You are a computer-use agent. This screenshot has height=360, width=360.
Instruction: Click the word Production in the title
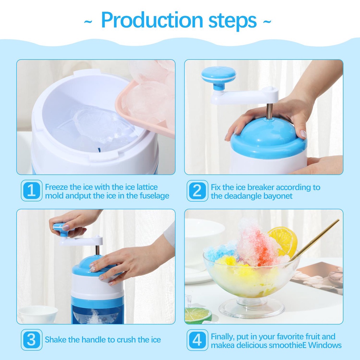pos(152,20)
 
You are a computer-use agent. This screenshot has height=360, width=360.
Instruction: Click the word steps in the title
pos(232,21)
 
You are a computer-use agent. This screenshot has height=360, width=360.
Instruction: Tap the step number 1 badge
pos(32,191)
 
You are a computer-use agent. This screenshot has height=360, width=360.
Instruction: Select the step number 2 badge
pos(198,191)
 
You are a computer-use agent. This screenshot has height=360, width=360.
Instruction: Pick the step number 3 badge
pos(32,340)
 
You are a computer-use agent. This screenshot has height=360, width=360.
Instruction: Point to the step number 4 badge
pos(198,340)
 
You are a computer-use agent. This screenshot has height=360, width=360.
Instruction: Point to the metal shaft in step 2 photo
pos(269,111)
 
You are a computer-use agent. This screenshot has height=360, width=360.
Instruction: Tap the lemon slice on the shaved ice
pos(283,241)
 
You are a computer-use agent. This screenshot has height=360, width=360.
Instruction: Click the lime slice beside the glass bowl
pos(198,315)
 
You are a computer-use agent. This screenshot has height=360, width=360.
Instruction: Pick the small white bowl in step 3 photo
pos(38,314)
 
